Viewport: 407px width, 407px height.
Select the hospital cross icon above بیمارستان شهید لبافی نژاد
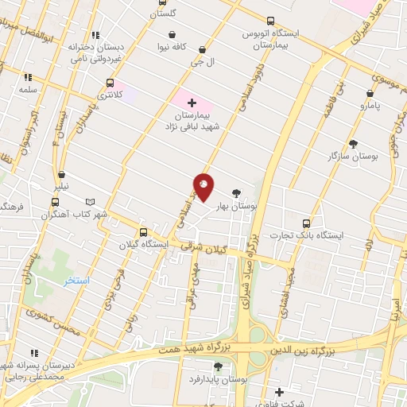[192, 103]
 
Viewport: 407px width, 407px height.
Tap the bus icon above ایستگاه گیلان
[143, 233]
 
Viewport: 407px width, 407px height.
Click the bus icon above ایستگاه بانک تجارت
[307, 223]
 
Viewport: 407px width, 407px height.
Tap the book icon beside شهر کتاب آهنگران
[90, 203]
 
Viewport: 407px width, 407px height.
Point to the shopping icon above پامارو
[370, 93]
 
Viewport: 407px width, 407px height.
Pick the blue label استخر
[77, 281]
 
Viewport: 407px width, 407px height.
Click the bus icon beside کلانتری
[110, 83]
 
